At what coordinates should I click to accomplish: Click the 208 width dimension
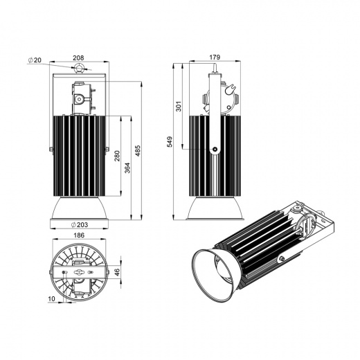(78, 57)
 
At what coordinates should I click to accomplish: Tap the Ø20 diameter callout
(35, 60)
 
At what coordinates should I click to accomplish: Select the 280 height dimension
(117, 156)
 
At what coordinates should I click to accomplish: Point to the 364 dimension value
(127, 168)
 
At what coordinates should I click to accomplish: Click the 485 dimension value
(138, 151)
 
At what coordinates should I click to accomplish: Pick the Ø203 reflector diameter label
(80, 224)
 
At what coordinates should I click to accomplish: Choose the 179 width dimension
(215, 57)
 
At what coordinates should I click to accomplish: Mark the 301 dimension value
(179, 106)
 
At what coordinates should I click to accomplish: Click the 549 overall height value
(170, 142)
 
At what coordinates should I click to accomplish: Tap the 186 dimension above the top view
(79, 235)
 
